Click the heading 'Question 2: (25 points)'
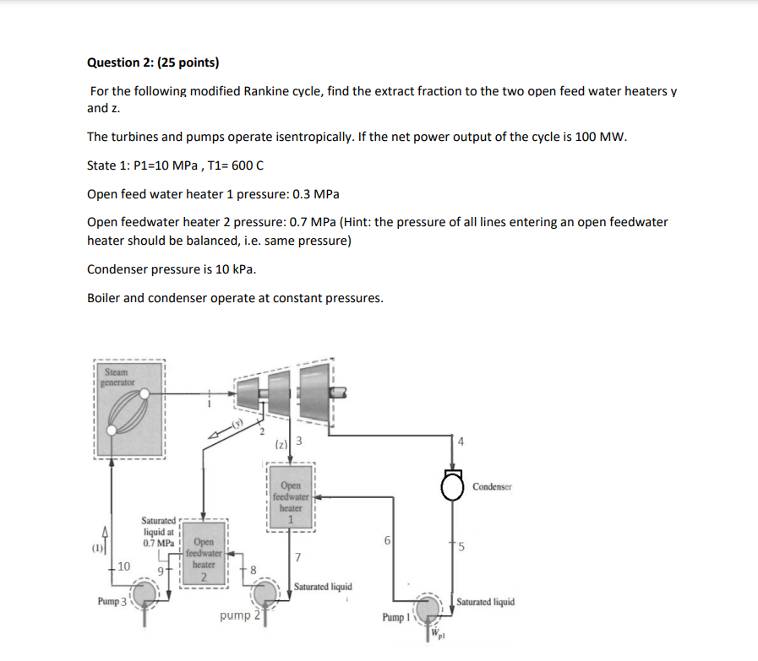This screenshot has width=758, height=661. pos(153,62)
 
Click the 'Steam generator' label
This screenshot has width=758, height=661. pos(116,376)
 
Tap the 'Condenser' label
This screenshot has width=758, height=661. pos(492,486)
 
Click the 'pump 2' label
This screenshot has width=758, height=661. pos(238,616)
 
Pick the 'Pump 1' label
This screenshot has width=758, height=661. pos(395,618)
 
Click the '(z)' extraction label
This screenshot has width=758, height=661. pos(282,443)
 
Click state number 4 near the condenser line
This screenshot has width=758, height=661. pos(461,441)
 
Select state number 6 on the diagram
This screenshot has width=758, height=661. pos(386,540)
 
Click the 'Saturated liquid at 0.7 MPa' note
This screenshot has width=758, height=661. pos(158,532)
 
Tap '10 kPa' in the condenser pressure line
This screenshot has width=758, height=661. pos(236,269)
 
